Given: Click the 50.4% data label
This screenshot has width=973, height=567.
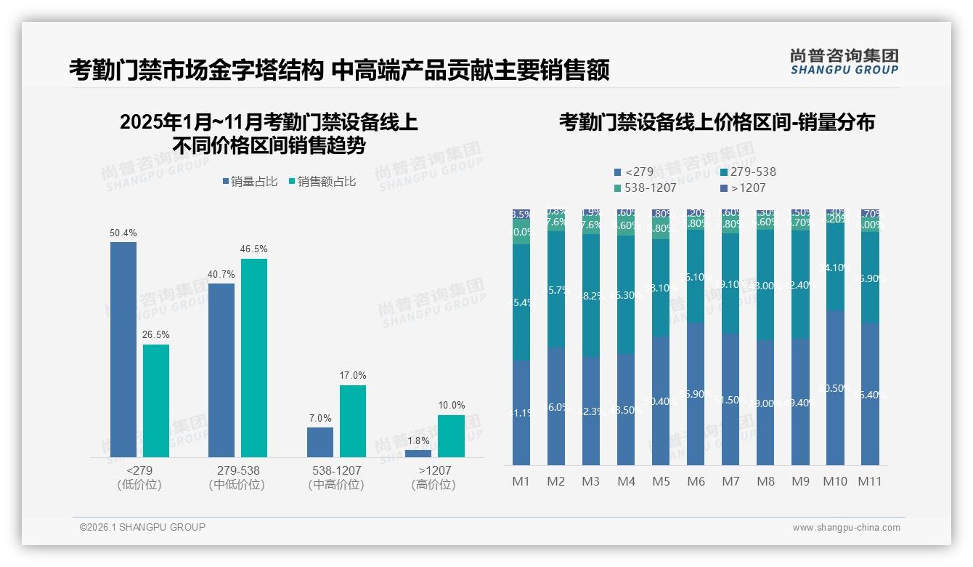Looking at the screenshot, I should click(123, 233).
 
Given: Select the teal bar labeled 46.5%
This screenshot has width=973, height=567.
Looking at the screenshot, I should click(254, 356).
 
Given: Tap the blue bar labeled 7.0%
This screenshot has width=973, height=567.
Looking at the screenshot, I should click(320, 442).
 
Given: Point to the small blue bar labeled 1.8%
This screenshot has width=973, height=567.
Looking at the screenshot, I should click(418, 454).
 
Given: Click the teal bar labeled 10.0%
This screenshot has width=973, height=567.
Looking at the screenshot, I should click(451, 435).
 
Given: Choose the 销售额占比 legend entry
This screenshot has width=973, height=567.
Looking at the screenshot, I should click(322, 182).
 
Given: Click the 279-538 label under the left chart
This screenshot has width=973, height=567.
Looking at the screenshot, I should click(238, 470).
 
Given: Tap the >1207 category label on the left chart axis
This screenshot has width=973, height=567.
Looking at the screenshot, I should click(434, 470).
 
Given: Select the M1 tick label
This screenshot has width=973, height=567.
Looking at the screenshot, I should click(521, 481).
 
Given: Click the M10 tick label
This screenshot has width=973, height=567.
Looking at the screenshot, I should click(835, 481).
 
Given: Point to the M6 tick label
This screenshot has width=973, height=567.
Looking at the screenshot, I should click(696, 481).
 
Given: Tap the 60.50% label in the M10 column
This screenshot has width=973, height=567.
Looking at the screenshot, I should click(835, 389).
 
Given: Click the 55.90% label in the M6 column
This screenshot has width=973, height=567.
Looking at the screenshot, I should click(696, 394).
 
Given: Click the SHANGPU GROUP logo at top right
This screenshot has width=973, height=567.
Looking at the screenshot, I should click(844, 62).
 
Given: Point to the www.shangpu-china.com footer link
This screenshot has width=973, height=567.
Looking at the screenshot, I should click(846, 528).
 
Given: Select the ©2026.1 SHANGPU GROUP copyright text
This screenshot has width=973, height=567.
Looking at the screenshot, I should click(142, 527).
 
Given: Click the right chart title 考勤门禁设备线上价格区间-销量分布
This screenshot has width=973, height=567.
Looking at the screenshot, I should click(717, 122).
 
